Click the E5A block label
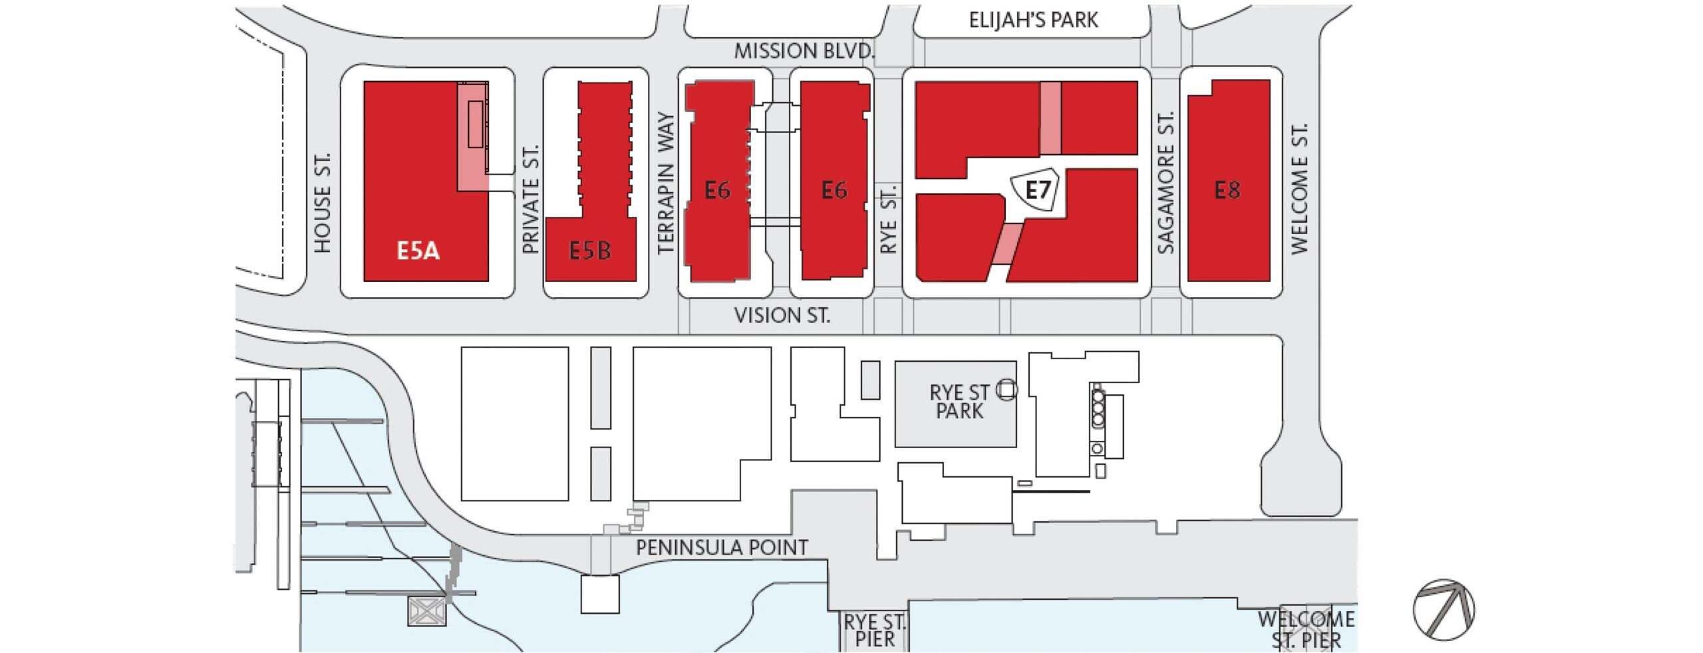pyautogui.click(x=418, y=251)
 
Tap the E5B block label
pyautogui.click(x=589, y=251)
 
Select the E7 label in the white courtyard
pyautogui.click(x=1037, y=191)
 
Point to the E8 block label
pyautogui.click(x=1227, y=191)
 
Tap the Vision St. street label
pyautogui.click(x=782, y=315)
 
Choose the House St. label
pyautogui.click(x=323, y=203)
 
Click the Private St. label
pyautogui.click(x=530, y=199)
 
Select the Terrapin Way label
pyautogui.click(x=666, y=183)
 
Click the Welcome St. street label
pyautogui.click(x=1299, y=188)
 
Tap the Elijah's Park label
pyautogui.click(x=1033, y=21)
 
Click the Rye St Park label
pyautogui.click(x=959, y=402)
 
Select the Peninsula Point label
pyautogui.click(x=722, y=548)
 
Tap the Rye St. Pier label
pyautogui.click(x=874, y=631)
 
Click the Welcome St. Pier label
pyautogui.click(x=1306, y=629)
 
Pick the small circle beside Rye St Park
pyautogui.click(x=1006, y=390)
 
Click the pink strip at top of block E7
pyautogui.click(x=1050, y=118)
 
